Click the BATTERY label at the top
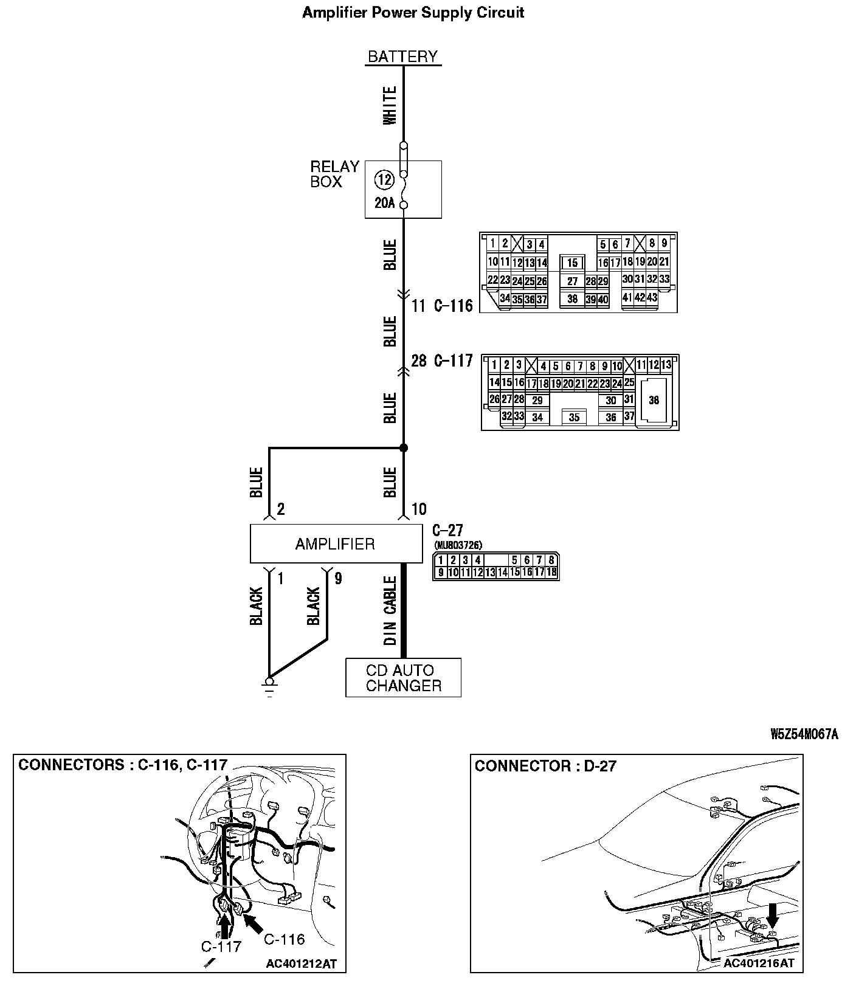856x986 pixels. pos(402,57)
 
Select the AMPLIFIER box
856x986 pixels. pos(336,544)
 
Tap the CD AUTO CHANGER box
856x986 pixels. pos(403,678)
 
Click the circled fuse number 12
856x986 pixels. pos(384,179)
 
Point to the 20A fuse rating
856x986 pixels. pos(384,203)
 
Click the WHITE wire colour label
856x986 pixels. pos(390,105)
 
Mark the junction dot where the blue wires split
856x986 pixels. pos(403,448)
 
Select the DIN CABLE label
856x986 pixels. pos(390,610)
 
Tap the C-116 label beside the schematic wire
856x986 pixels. pos(453,306)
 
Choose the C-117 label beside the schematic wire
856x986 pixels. pos(453,361)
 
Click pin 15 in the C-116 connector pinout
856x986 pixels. pos(572,263)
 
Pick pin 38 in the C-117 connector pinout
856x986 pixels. pos(654,400)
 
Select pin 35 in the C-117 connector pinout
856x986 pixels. pos(575,418)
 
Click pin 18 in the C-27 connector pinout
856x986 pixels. pos(551,572)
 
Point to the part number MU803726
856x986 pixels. pos(458,545)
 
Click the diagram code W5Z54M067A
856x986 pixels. pos(804,734)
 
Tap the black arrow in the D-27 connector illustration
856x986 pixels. pos(772,915)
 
